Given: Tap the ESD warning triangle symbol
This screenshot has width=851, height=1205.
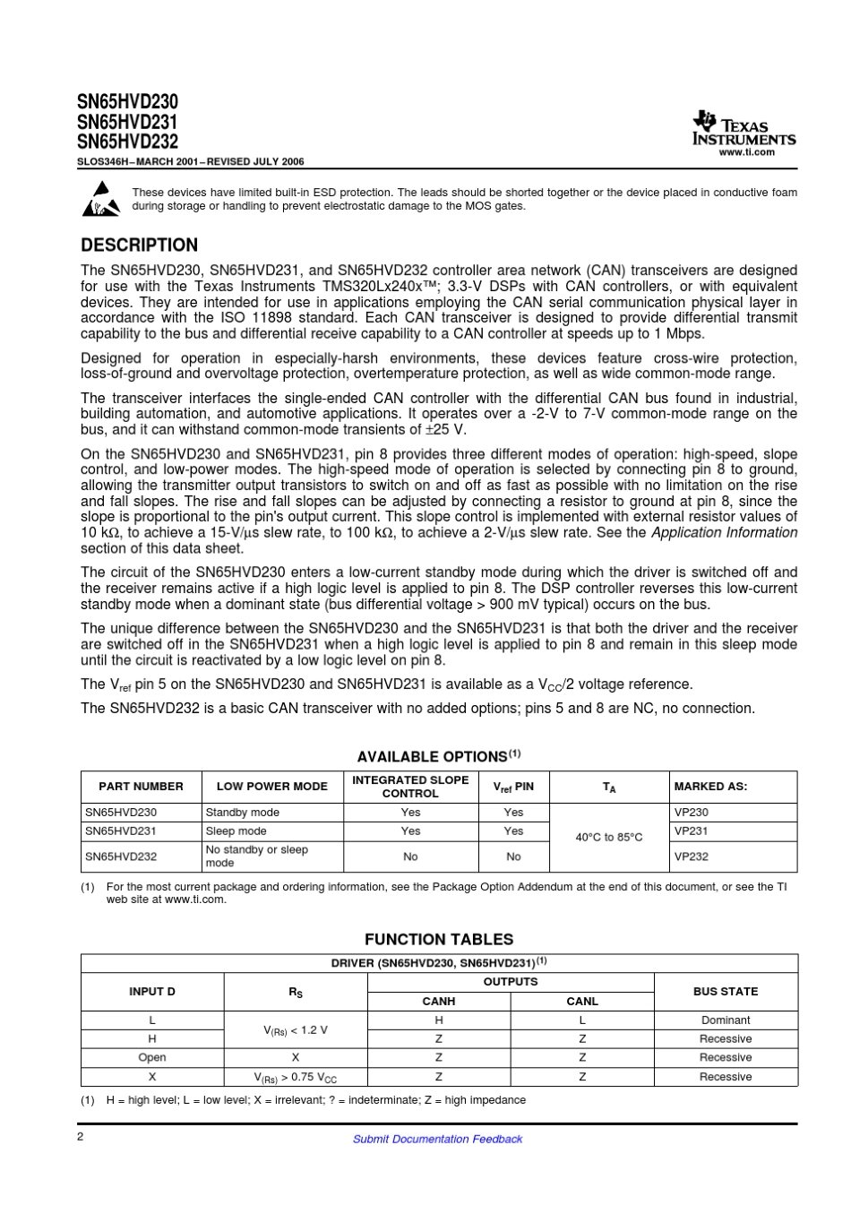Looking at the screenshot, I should point(101,199).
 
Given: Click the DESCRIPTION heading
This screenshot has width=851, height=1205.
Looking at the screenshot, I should point(139,245).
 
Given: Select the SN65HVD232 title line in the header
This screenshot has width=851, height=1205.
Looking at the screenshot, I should point(127,142).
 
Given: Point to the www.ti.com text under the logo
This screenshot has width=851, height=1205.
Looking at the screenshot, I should point(746,152).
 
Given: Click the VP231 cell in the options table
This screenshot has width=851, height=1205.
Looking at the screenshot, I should point(691,831).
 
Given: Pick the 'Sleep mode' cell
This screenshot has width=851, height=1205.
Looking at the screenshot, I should point(236,831).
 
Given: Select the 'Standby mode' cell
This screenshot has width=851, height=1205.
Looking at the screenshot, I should point(242,812).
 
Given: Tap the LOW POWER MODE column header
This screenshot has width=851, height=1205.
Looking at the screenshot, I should point(271,786).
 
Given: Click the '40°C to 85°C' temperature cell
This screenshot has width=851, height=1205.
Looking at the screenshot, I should point(609,837).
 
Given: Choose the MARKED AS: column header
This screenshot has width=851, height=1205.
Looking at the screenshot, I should point(710,786).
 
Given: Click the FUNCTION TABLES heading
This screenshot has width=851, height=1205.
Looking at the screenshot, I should point(438,939).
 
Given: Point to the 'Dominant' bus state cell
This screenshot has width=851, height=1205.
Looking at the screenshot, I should point(726,1020).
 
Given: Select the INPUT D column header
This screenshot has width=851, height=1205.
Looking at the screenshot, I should point(152,991).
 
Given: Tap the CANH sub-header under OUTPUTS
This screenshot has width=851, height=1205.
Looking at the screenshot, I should point(439,1001).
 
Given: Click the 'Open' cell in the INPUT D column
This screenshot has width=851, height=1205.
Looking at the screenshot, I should point(152,1057).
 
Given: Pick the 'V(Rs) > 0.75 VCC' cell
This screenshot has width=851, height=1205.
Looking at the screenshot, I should point(296,1077).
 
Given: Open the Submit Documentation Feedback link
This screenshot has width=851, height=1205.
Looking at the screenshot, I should point(437,1139).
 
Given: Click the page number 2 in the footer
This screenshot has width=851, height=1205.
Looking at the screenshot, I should point(81,1136).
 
